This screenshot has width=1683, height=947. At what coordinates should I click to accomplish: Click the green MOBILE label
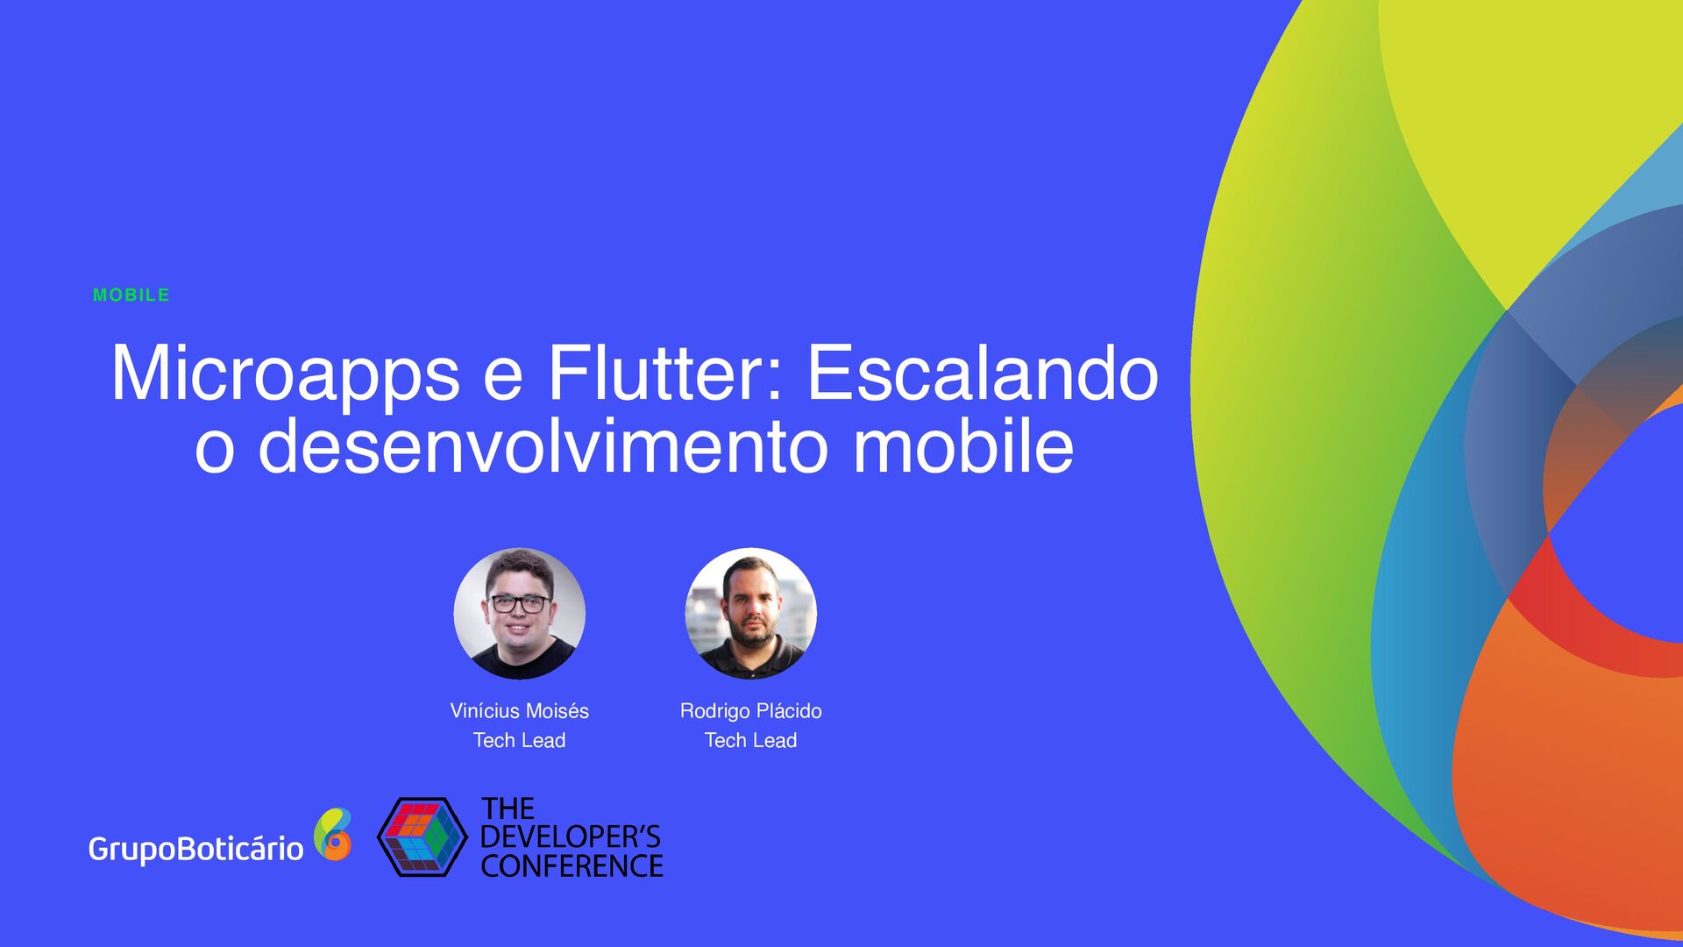(x=131, y=295)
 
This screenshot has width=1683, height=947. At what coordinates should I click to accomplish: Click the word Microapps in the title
(x=285, y=374)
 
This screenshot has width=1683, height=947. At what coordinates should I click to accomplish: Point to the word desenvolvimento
(x=543, y=446)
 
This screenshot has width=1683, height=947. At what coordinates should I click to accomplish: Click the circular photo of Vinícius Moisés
(x=519, y=614)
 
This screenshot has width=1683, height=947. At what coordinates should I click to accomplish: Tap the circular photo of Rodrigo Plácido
(x=750, y=614)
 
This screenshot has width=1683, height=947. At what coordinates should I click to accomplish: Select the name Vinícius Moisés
(x=519, y=711)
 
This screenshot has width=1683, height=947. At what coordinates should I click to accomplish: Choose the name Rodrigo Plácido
(x=750, y=711)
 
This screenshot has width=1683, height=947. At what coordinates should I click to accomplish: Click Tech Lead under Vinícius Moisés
(x=519, y=741)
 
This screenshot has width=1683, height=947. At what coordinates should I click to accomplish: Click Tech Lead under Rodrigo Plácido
(x=750, y=741)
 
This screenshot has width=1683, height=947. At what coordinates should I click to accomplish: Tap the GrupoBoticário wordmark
(x=195, y=849)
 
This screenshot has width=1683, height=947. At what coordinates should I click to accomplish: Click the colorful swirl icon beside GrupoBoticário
(x=333, y=834)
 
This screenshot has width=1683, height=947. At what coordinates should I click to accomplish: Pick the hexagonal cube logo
(x=422, y=837)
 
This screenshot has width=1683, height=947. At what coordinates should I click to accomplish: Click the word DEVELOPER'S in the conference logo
(x=570, y=837)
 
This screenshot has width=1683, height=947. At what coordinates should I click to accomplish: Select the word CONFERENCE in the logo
(x=572, y=866)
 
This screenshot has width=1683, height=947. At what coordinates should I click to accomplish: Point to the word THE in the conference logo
(x=508, y=808)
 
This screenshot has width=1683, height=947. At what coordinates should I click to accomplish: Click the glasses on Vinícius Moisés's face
(x=519, y=603)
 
